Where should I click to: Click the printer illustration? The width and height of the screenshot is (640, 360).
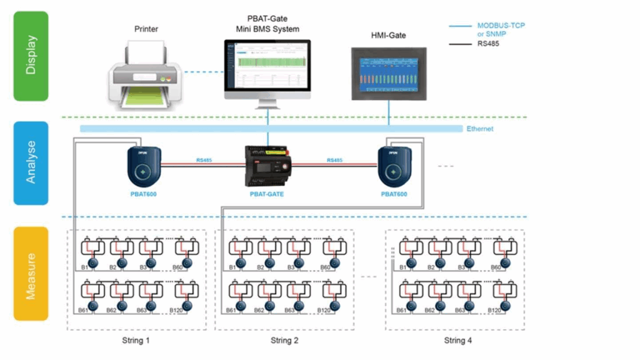(145, 73)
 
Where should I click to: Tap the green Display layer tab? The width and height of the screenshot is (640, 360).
(31, 56)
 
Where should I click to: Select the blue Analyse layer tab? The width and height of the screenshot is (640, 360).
(31, 162)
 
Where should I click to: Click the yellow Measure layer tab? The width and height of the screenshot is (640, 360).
(31, 273)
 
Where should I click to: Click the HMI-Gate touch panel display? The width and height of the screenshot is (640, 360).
(388, 72)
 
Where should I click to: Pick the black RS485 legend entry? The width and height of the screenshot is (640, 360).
(488, 44)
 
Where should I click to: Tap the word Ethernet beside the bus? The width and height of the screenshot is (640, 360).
(479, 129)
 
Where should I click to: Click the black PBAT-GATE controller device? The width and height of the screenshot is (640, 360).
(267, 165)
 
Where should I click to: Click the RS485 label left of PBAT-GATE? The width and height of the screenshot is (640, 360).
(204, 161)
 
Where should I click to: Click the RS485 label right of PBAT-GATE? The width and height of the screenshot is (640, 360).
(336, 161)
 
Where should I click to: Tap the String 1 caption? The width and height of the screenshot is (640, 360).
(136, 341)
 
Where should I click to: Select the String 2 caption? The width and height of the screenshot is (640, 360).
(285, 341)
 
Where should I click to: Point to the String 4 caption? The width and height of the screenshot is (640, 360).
(454, 341)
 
